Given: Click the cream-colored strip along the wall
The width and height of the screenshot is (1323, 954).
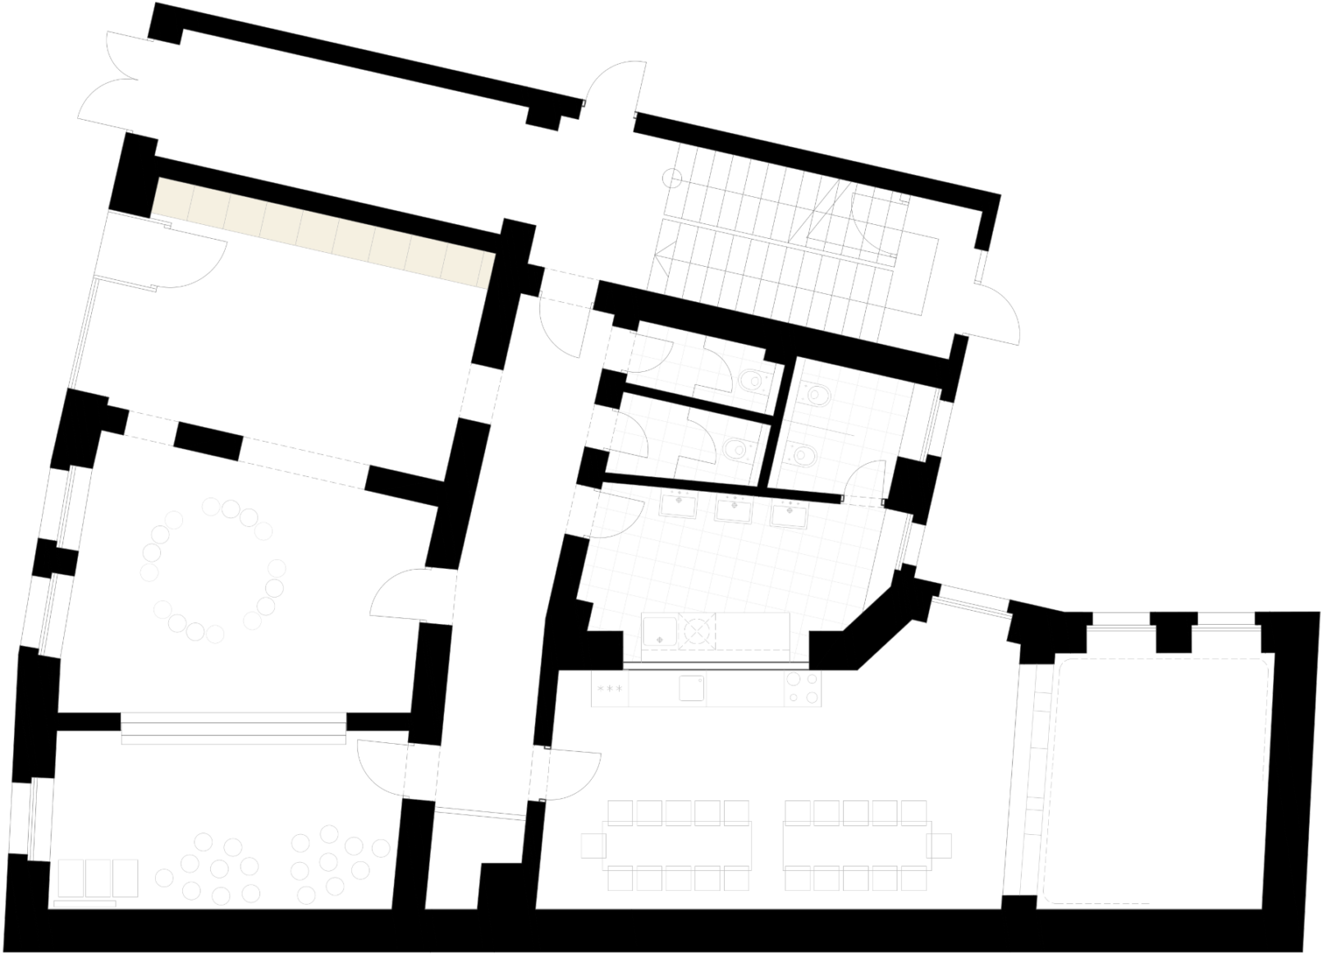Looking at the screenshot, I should pos(324,233).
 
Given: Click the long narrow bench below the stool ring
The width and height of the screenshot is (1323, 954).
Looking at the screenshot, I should pos(234,728).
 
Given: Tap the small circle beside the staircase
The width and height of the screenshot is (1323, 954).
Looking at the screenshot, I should pos(673,177).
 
